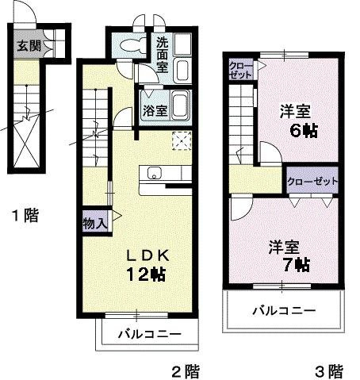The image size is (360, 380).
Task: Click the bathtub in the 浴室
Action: click(180, 105)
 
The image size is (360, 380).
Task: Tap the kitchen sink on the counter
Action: click(152, 174)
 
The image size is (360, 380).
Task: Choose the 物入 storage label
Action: click(94, 224)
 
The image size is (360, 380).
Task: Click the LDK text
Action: click(150, 255)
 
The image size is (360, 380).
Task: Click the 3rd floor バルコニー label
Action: click(284, 309)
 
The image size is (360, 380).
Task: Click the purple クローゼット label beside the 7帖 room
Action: click(312, 181)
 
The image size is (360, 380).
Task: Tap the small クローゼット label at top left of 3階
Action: click(239, 69)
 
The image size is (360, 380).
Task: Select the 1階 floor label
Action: click(24, 215)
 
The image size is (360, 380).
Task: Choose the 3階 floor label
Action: click(328, 370)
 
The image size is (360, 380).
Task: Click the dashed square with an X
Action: click(182, 140)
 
